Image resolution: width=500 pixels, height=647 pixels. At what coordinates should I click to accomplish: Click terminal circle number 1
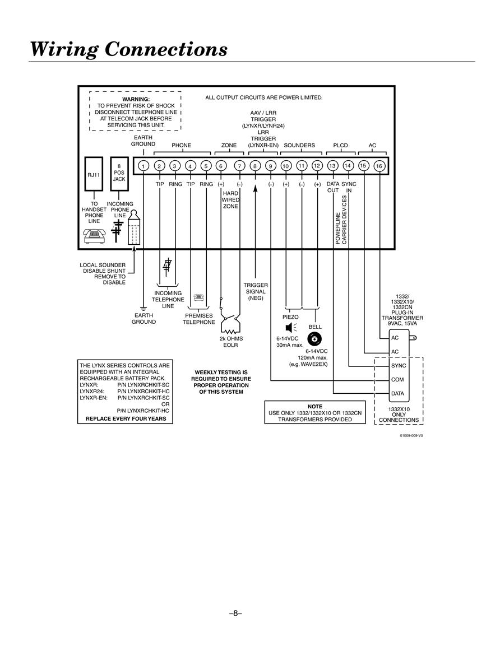143,166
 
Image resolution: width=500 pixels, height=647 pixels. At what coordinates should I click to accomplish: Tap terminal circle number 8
255,166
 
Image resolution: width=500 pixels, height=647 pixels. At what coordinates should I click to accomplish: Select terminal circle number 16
379,166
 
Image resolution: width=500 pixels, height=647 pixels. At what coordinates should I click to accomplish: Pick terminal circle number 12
317,166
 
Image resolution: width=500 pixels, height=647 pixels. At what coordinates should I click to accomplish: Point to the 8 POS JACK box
119,174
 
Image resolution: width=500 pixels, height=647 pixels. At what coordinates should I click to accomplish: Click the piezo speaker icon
291,328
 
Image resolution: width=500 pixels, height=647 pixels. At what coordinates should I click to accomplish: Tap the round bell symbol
314,339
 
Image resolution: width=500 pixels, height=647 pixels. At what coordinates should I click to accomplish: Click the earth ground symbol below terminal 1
143,308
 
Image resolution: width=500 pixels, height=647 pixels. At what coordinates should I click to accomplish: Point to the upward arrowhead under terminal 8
255,189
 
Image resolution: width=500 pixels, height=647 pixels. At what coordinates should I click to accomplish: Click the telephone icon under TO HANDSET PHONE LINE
95,235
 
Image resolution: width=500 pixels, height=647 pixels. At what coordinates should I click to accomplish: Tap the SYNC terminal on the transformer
399,366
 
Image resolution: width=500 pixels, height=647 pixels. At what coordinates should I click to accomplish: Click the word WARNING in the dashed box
136,100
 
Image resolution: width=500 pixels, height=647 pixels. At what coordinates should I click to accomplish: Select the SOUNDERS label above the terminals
299,145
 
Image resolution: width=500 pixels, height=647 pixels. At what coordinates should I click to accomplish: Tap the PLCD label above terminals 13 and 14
341,145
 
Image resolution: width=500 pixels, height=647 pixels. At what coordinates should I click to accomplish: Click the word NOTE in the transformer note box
315,407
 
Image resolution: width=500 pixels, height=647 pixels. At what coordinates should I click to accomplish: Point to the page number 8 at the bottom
235,613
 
